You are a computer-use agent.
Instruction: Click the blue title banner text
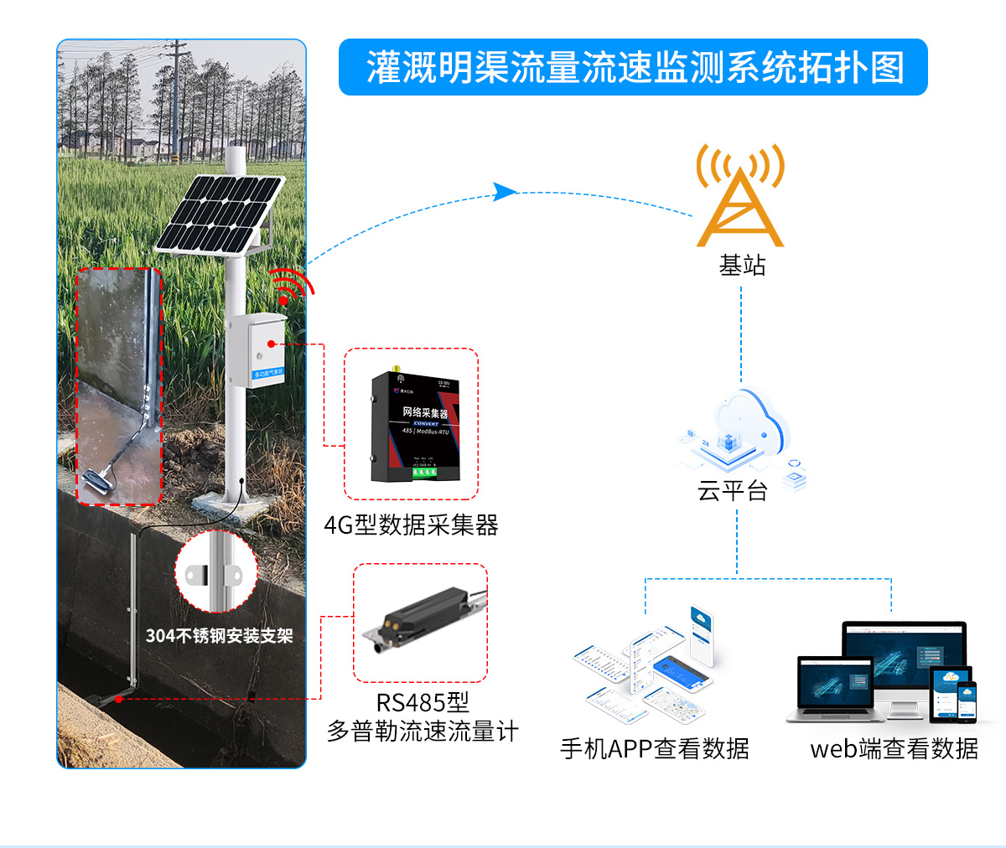[634, 67]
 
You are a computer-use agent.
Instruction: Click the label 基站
[742, 266]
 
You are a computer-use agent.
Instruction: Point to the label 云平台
[733, 490]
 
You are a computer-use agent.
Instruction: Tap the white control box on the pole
[257, 347]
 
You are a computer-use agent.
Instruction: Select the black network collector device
[414, 427]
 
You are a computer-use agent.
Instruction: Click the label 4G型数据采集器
[411, 525]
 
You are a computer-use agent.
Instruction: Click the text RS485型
[423, 702]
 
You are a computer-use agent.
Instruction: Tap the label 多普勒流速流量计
[423, 732]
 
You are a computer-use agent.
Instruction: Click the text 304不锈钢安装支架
[219, 636]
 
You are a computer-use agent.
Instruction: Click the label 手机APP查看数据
[654, 748]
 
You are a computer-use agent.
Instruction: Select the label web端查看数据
[894, 748]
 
